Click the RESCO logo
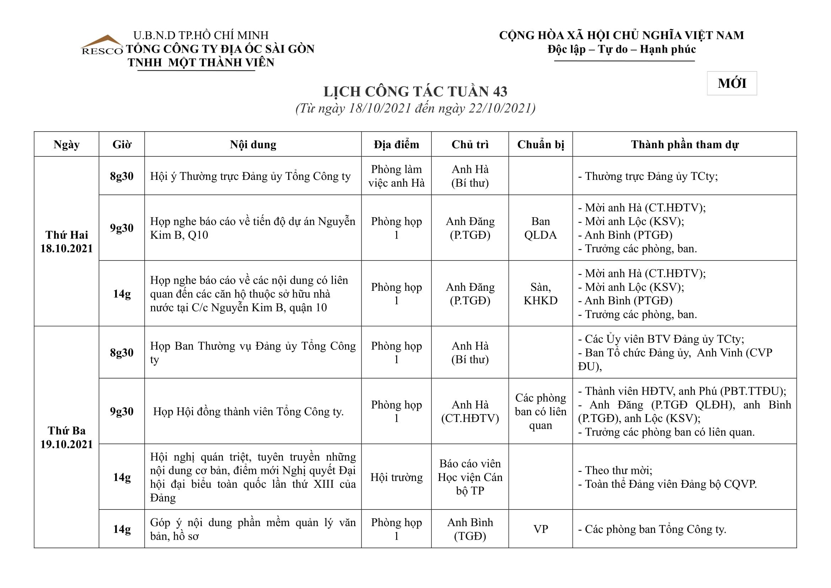point(102,46)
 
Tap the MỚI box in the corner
point(732,83)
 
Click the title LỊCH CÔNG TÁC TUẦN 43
point(415,92)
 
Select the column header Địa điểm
point(396,144)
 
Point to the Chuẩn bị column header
point(540,144)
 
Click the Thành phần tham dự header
point(684,144)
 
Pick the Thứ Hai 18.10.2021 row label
point(66,241)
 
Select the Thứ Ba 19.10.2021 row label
point(66,437)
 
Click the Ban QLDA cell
point(540,228)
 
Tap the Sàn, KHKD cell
point(540,293)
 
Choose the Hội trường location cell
point(396,477)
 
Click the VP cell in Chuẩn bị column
point(540,529)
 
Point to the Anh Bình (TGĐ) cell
point(470,529)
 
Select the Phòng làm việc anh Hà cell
point(396,176)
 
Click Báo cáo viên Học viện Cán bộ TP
point(470,477)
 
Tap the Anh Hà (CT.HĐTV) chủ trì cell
point(470,411)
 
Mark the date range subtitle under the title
point(415,108)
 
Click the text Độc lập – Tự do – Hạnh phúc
point(621,49)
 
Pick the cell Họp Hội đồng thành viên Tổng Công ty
point(248,411)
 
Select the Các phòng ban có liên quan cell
point(540,411)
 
